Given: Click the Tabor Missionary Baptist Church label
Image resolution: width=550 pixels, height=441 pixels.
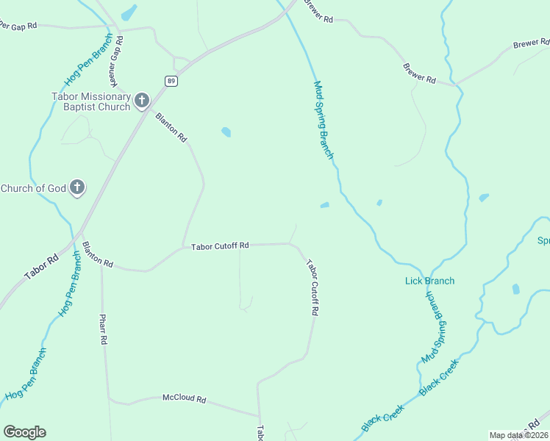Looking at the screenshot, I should [90, 101].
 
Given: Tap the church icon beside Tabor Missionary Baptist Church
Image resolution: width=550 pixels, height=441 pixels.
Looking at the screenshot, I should [141, 100].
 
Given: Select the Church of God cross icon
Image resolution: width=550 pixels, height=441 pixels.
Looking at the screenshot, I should [78, 188].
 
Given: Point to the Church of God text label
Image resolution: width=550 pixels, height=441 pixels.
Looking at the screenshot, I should [34, 188].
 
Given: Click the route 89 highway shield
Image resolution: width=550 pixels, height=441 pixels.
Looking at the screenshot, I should [171, 81].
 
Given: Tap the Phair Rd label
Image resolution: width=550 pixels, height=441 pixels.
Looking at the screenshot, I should [104, 329].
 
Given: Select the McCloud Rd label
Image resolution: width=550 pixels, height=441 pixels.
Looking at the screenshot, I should [184, 398].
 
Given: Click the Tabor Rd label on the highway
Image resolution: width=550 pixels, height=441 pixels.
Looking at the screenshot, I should [41, 267].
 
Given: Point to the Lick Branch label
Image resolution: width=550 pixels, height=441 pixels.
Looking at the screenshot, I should [429, 281].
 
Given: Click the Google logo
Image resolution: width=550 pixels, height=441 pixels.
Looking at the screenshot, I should [24, 432].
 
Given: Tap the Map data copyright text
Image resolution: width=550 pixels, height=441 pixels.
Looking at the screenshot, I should [518, 435].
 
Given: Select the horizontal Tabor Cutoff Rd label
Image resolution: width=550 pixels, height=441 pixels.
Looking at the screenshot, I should [220, 246].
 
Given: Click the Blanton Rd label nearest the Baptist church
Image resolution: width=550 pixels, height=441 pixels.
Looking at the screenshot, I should [171, 127].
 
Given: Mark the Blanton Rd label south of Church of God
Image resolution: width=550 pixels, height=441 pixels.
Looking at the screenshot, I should [98, 254].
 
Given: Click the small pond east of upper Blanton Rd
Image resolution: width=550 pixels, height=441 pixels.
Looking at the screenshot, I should [226, 132].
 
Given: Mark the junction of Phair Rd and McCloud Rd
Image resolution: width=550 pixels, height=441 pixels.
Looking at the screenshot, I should [109, 400].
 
